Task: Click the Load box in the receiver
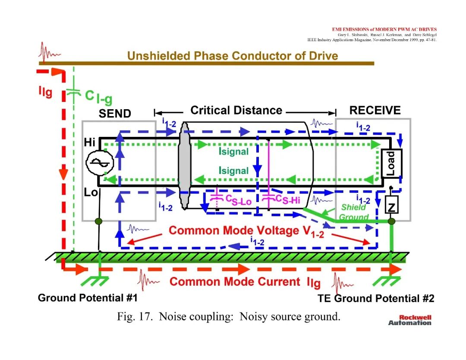[x=391, y=163]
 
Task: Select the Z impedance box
[x=391, y=205]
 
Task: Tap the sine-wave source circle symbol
[x=100, y=163]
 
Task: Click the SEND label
[x=115, y=114]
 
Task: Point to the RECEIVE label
[x=375, y=111]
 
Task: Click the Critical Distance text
[x=236, y=111]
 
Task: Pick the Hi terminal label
[x=89, y=142]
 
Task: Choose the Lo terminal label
[x=91, y=193]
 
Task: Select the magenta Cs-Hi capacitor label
[x=288, y=199]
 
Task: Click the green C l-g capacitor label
[x=99, y=97]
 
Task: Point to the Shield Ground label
[x=354, y=212]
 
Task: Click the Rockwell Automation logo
[x=409, y=320]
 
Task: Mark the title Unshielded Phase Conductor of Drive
[x=233, y=56]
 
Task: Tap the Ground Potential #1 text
[x=88, y=297]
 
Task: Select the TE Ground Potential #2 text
[x=376, y=298]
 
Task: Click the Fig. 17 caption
[x=229, y=316]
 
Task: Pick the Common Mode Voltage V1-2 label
[x=246, y=231]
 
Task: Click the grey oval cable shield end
[x=184, y=166]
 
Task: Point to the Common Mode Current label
[x=245, y=282]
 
